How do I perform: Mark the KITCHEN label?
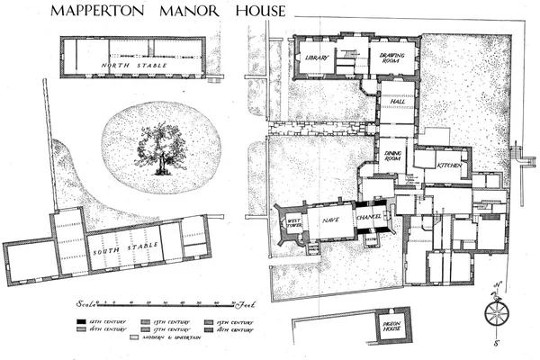pyautogui.click(x=448, y=166)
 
